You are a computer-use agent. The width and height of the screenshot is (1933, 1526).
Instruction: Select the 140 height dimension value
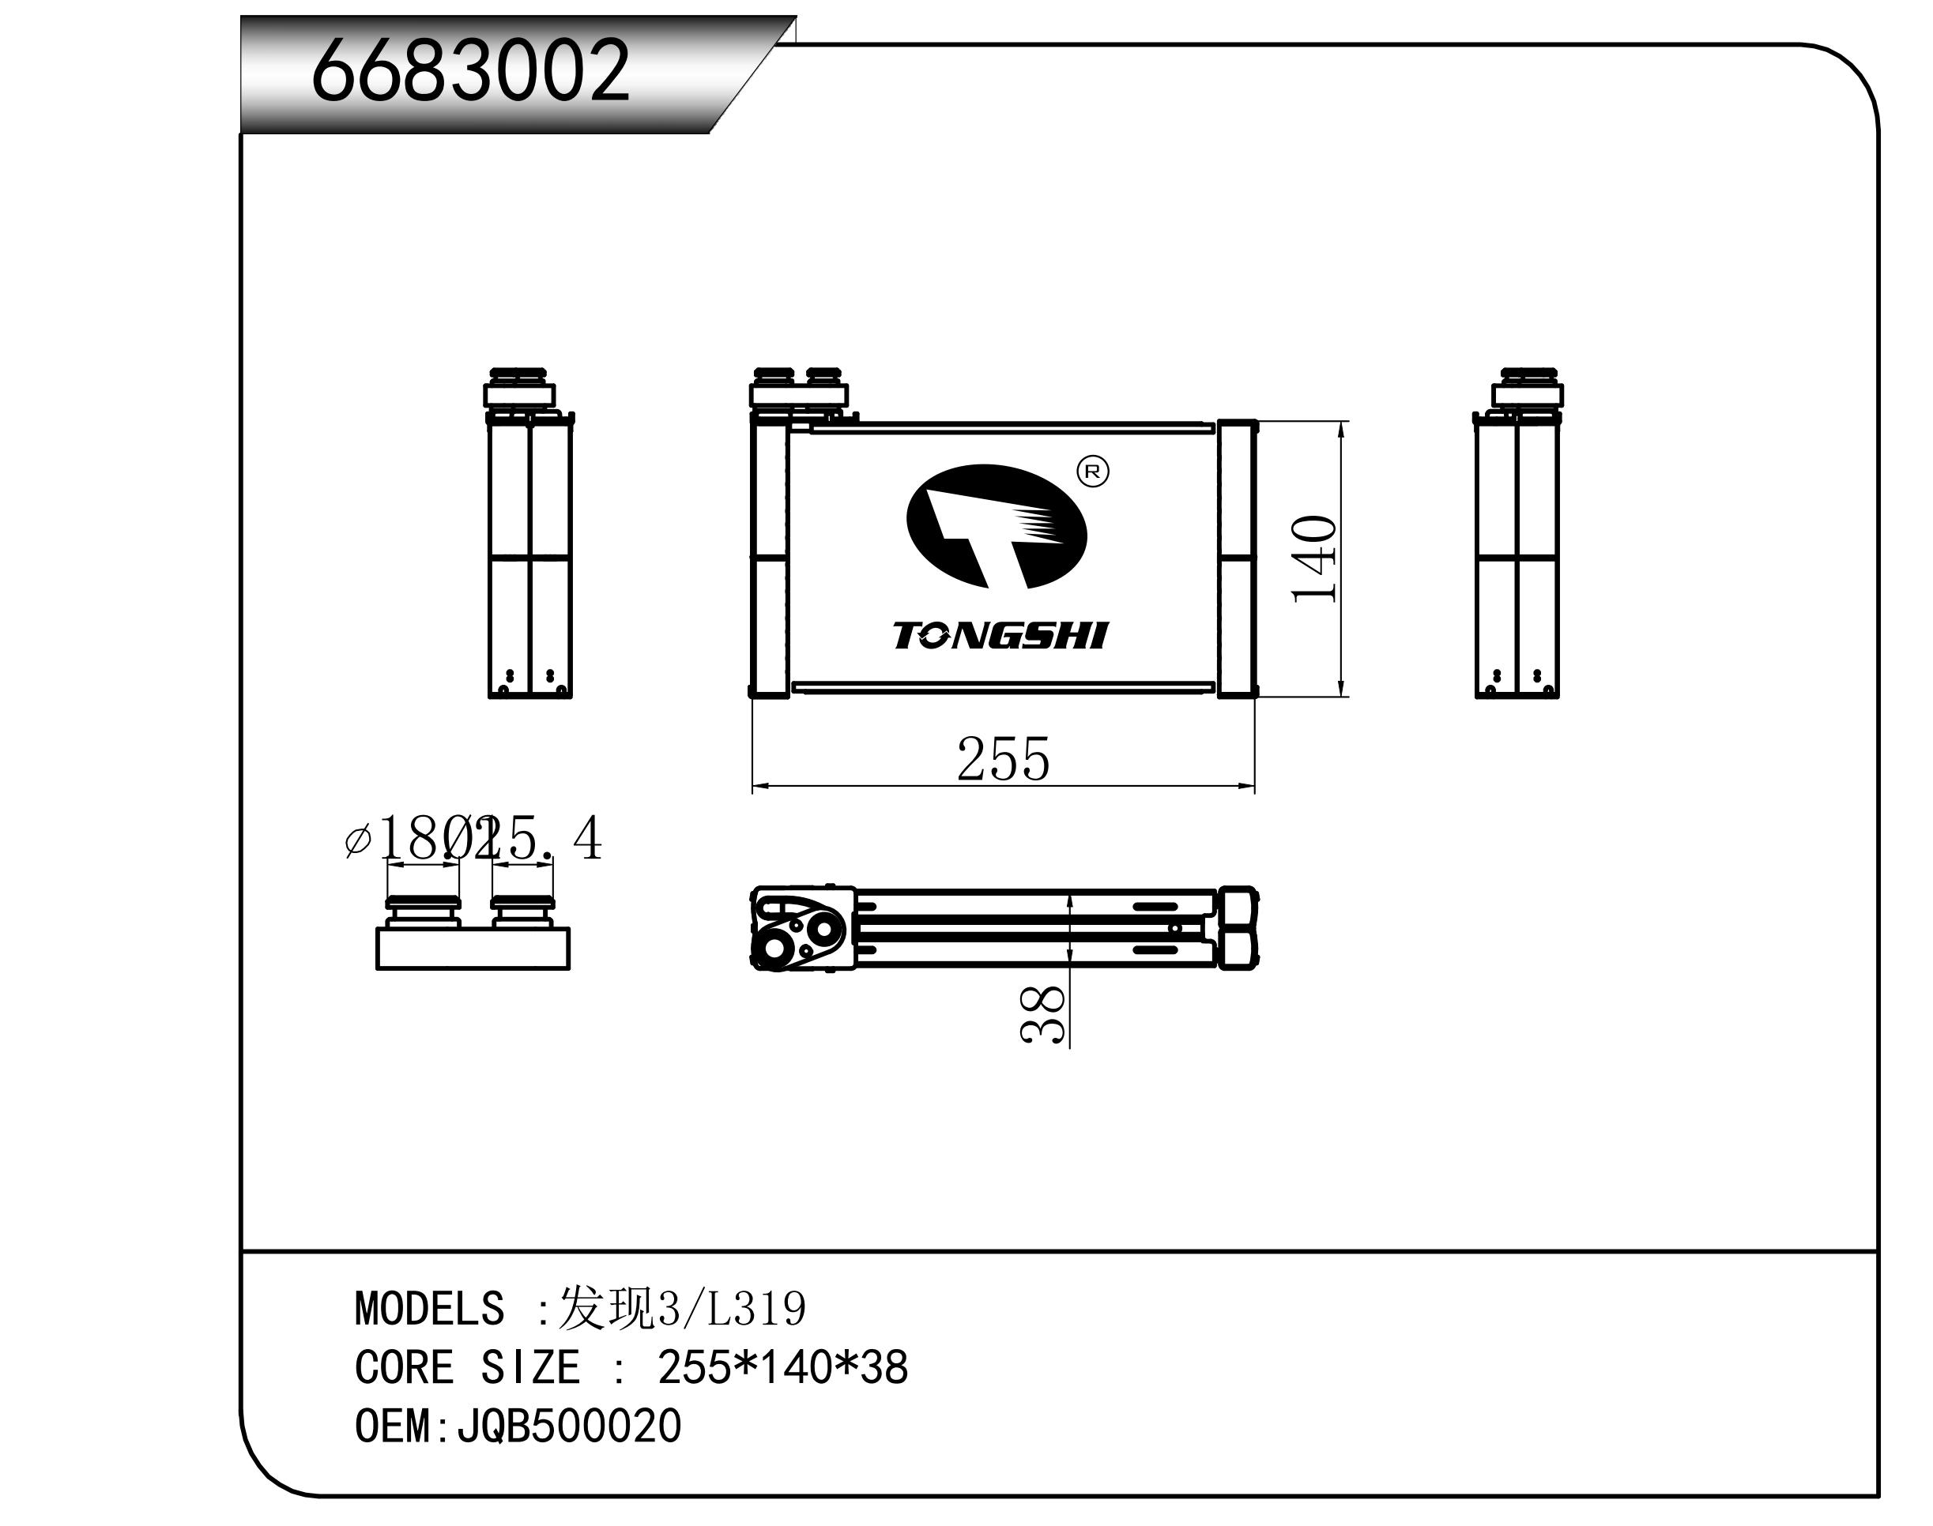(x=1313, y=559)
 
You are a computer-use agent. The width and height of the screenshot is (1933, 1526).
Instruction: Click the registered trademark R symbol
(x=1093, y=472)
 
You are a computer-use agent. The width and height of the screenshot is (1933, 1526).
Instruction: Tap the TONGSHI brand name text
(x=1000, y=636)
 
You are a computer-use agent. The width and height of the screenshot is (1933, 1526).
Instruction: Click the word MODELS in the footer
(x=429, y=1309)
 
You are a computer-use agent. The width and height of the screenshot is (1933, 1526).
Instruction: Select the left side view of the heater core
(x=529, y=536)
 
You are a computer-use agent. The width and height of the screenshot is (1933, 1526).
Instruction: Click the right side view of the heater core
(x=1517, y=536)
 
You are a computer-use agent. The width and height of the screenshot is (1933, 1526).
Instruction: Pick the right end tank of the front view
(x=1237, y=558)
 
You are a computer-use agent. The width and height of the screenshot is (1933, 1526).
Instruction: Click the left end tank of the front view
(x=769, y=558)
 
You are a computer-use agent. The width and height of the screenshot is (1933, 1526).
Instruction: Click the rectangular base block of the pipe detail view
(x=473, y=948)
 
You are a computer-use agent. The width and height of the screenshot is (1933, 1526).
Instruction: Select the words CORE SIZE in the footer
(x=466, y=1367)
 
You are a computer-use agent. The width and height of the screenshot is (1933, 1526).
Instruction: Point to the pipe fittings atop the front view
(x=798, y=387)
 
